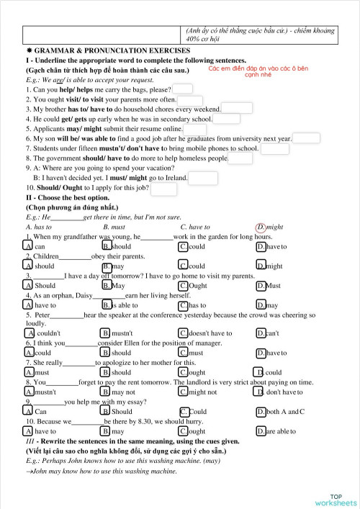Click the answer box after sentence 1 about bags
coord(183,89)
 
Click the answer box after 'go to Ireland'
coord(203,177)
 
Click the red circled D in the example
coord(261,226)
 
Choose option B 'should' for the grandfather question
coord(106,246)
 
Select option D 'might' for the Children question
coord(261,266)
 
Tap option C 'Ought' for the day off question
coord(184,285)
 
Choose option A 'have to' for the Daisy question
coord(28,305)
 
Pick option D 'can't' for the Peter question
coord(261,333)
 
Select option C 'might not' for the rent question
coord(184,392)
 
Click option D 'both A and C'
coord(260,411)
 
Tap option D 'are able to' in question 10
coord(261,431)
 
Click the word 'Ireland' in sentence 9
coord(176,178)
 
